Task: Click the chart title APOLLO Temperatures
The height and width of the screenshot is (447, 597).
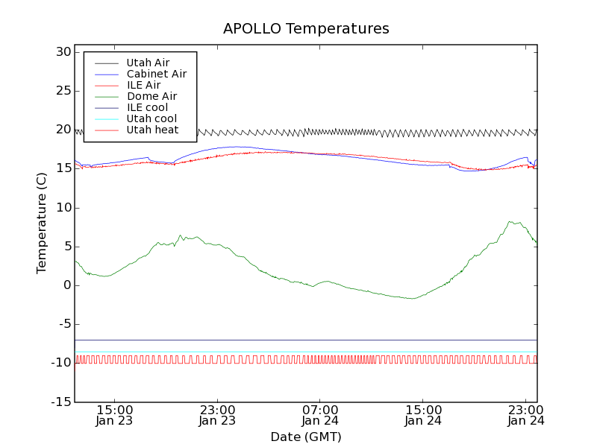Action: coord(306,29)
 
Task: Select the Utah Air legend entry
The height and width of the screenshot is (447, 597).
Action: coord(148,63)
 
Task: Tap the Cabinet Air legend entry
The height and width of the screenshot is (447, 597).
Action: coord(156,74)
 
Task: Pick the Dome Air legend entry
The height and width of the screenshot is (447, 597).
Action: coord(151,96)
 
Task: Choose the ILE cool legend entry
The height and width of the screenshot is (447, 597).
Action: coord(147,107)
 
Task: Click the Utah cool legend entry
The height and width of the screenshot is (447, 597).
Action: coord(151,118)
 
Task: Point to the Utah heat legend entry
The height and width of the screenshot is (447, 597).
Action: coord(152,130)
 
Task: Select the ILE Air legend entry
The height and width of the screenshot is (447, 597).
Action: coord(143,85)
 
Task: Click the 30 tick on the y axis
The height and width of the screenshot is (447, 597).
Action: coord(62,52)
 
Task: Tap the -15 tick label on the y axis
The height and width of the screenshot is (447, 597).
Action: coord(60,402)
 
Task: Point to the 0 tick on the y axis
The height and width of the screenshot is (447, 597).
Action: coord(66,285)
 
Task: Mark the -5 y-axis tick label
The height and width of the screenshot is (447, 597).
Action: coord(63,324)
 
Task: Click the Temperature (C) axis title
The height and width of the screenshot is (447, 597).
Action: coord(43,223)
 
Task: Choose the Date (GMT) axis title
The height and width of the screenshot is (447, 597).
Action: coord(306,437)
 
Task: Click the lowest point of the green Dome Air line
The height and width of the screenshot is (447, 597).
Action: coord(411,299)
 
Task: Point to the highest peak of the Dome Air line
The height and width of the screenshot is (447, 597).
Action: coord(510,221)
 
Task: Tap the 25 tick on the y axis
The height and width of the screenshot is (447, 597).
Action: coord(62,91)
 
